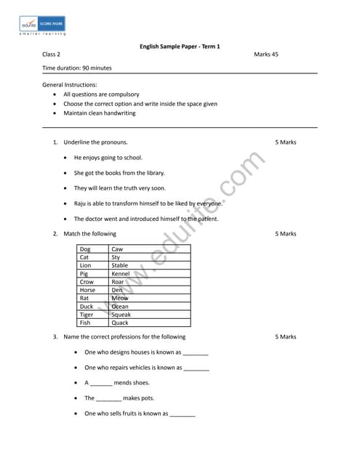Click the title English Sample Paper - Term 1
(x=180, y=46)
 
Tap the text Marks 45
(x=266, y=54)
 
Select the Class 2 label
(x=51, y=54)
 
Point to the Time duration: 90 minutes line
(x=77, y=68)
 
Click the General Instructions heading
(x=70, y=85)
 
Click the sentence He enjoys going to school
(x=108, y=157)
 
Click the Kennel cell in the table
(x=120, y=274)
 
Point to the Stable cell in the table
(x=119, y=266)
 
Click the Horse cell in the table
(x=87, y=290)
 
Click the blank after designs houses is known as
(x=196, y=353)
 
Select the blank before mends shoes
(x=101, y=384)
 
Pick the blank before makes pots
(x=108, y=399)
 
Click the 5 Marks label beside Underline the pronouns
(x=286, y=142)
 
